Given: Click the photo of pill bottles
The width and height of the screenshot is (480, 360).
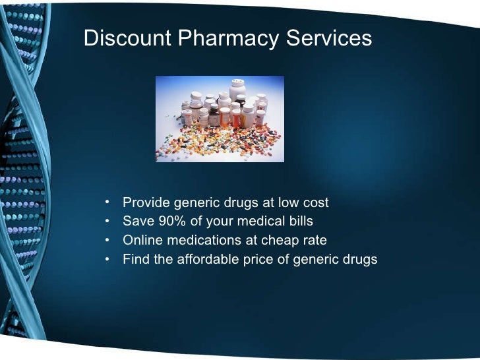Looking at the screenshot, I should tap(220, 119).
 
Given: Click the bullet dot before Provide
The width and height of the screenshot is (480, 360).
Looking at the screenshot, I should tap(107, 202).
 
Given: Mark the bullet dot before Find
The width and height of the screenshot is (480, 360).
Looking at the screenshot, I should tap(107, 258).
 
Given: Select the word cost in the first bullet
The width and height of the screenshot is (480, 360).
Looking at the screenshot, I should tap(316, 202).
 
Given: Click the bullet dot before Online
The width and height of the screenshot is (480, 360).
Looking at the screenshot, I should tap(107, 239).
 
